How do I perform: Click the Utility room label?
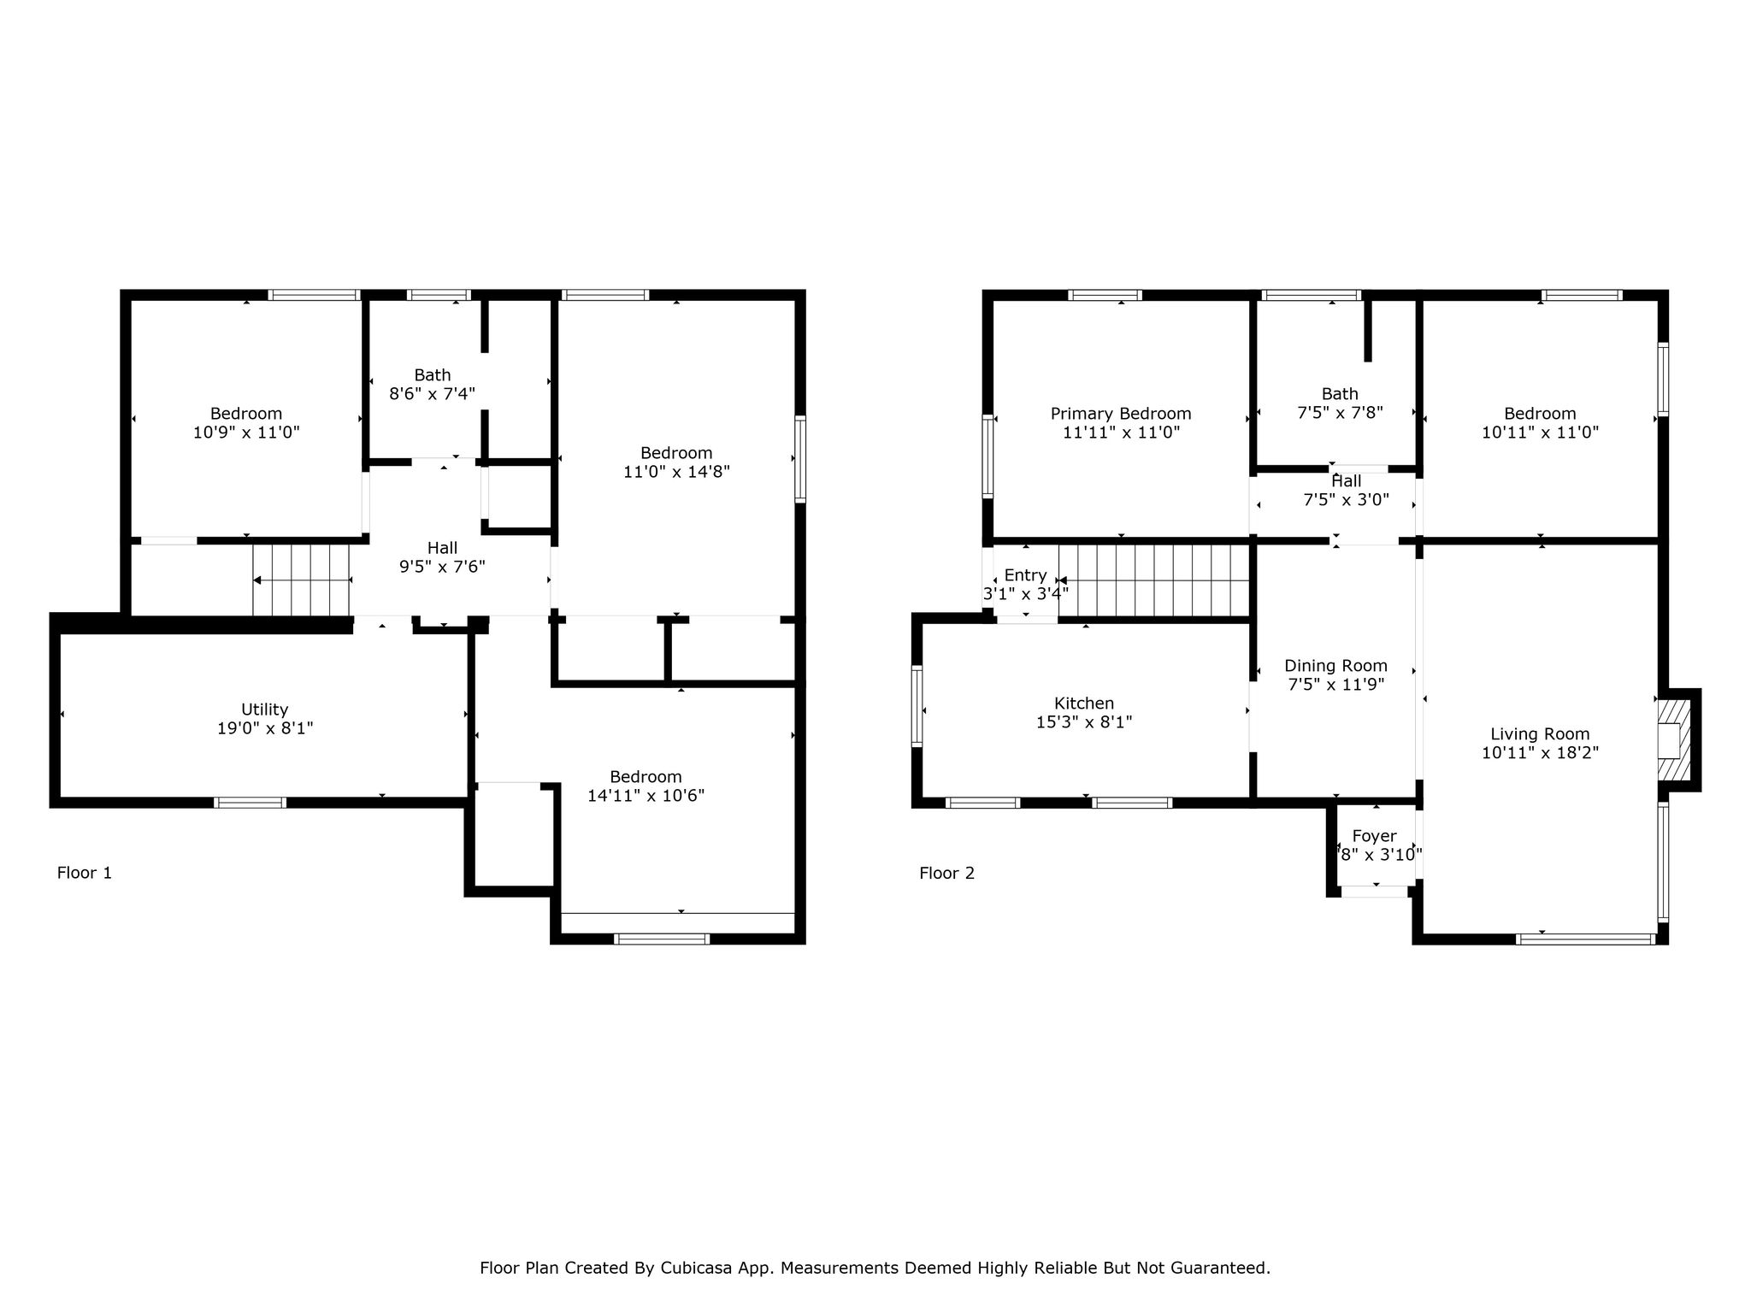[x=264, y=709]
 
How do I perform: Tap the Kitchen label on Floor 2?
[x=1084, y=704]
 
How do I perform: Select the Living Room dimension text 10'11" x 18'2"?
[x=1540, y=753]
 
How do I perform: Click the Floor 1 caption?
[x=85, y=873]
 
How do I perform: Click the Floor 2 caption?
[x=946, y=873]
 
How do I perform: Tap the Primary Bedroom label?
[x=1121, y=414]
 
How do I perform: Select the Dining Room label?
[x=1335, y=666]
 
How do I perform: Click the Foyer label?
[x=1375, y=836]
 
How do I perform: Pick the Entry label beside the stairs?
[x=1025, y=575]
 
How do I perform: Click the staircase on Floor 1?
[x=302, y=580]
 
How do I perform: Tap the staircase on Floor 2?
[x=1154, y=580]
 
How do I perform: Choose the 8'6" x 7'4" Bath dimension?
[x=433, y=393]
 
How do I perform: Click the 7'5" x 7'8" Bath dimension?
[x=1340, y=412]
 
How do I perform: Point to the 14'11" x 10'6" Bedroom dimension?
[x=646, y=796]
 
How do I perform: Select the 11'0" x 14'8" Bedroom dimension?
[x=676, y=472]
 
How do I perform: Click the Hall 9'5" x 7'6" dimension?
[x=442, y=567]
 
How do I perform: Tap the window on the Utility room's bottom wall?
[x=250, y=802]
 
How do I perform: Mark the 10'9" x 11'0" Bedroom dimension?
[x=246, y=433]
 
